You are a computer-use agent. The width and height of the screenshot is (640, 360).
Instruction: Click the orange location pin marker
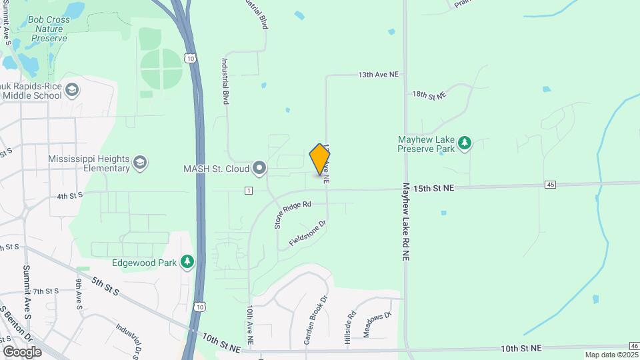tap(320, 159)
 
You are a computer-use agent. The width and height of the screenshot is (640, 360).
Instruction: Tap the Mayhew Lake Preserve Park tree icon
tap(465, 142)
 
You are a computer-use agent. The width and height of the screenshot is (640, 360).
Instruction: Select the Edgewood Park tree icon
tap(189, 262)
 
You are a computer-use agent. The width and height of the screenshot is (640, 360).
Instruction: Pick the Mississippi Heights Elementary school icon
tap(140, 163)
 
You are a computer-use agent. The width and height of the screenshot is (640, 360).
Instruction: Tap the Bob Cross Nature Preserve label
tap(48, 29)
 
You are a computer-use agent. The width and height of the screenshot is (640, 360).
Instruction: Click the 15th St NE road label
tap(433, 189)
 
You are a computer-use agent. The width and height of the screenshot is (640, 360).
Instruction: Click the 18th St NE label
tap(429, 96)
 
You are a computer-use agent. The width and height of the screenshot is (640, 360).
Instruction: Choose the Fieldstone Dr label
tap(307, 233)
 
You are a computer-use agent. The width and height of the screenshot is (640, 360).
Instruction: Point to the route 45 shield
tap(550, 184)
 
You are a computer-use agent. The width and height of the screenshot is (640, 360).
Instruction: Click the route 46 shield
tap(633, 345)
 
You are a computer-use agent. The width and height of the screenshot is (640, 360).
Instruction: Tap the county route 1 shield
tap(248, 191)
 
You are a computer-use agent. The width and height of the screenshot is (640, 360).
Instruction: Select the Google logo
tap(22, 351)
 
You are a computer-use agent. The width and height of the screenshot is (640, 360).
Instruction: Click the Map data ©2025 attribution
tap(611, 355)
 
